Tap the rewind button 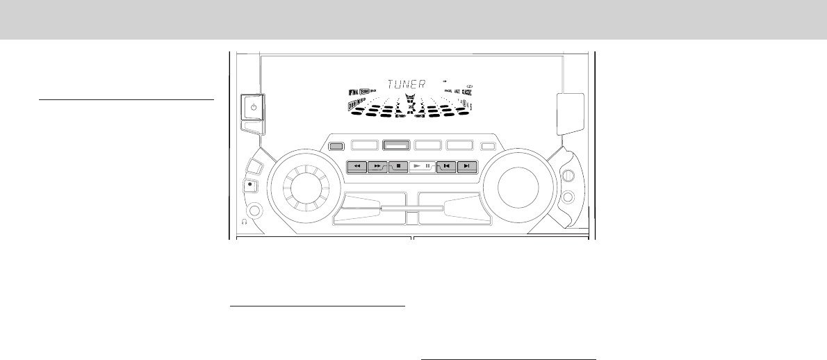click(x=357, y=167)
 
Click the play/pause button click(x=422, y=167)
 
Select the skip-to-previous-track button click(x=447, y=167)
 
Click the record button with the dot click(x=250, y=186)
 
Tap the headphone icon click(x=245, y=222)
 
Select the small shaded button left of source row click(x=336, y=146)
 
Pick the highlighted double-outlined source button click(x=396, y=146)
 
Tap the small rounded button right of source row click(x=488, y=146)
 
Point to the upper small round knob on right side click(x=567, y=177)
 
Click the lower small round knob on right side click(x=568, y=197)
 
